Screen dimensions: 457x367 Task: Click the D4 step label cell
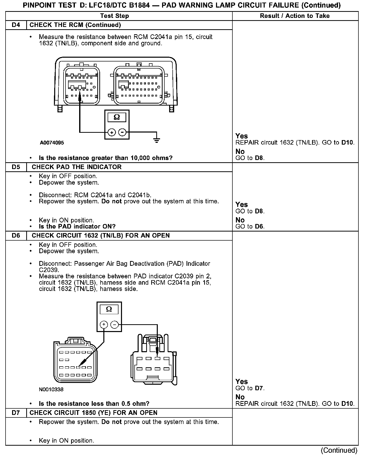tap(16, 25)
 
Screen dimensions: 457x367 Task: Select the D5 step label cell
tap(16, 167)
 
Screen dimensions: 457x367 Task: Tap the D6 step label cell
tap(16, 236)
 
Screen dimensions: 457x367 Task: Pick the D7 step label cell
tap(16, 413)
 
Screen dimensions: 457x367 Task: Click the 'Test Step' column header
tap(114, 16)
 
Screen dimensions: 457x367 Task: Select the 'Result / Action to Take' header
tap(295, 16)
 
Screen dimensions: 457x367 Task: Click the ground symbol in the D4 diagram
tap(157, 140)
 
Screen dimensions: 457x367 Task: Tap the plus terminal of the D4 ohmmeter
tap(112, 132)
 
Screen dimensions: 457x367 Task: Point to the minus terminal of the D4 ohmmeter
tap(122, 132)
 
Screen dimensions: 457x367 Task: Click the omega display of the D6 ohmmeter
tap(109, 309)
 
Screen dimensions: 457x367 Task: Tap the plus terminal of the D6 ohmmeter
tap(104, 324)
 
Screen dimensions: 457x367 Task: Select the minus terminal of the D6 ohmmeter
tap(114, 324)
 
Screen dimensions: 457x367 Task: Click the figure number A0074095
tap(52, 143)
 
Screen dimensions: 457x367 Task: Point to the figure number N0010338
tap(51, 389)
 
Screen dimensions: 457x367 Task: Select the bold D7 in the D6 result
tap(259, 388)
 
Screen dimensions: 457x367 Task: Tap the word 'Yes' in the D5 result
tap(241, 205)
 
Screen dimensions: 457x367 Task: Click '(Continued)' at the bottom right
tap(339, 450)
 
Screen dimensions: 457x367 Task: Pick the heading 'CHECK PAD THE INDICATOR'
tap(77, 167)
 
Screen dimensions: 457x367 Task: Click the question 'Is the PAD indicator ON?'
tap(77, 226)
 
